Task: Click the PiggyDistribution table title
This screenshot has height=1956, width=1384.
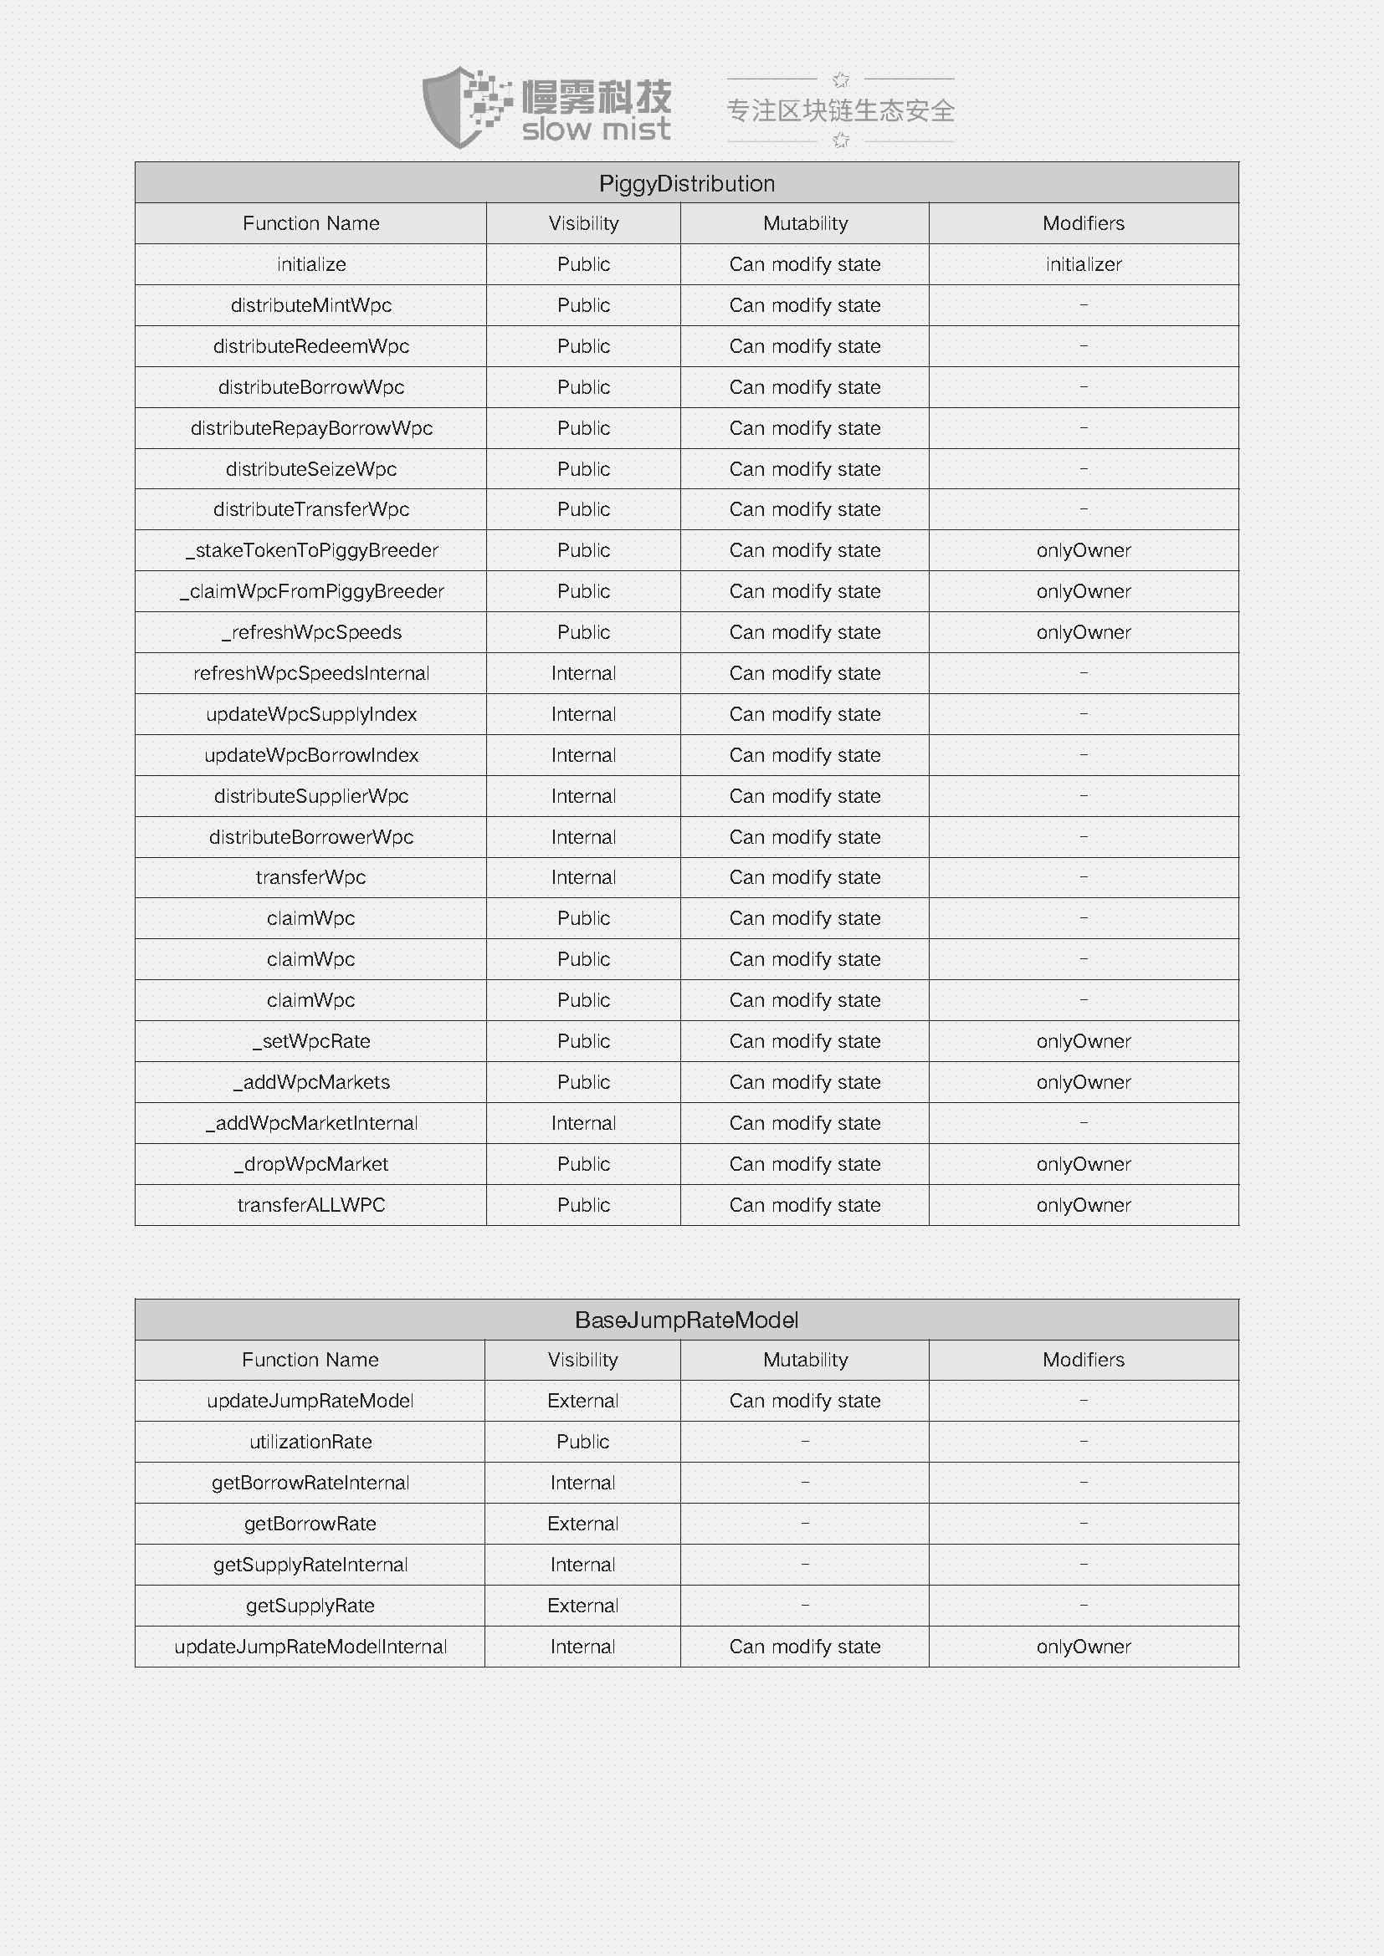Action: (x=686, y=183)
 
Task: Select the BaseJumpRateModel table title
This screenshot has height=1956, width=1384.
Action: (x=686, y=1320)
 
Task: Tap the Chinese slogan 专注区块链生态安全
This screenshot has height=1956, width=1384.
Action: (x=839, y=110)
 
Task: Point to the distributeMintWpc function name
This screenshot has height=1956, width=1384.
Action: (x=311, y=305)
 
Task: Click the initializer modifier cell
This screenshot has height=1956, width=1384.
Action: (x=1083, y=264)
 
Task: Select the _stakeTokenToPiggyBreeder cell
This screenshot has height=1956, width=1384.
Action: (x=311, y=550)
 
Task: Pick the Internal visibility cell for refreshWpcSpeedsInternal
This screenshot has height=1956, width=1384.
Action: (x=583, y=673)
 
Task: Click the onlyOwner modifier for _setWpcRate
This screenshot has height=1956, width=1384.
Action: (x=1083, y=1041)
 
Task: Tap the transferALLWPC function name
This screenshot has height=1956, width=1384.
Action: (x=311, y=1204)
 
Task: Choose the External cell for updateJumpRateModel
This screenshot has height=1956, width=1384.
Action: (x=583, y=1401)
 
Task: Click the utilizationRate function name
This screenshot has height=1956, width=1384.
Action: (x=310, y=1442)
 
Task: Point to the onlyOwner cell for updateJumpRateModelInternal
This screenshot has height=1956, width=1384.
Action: (x=1083, y=1647)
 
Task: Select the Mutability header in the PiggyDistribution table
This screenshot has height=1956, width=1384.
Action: (x=804, y=223)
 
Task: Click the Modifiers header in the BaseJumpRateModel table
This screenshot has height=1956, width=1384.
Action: (x=1083, y=1360)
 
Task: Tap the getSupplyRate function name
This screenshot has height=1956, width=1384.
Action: (x=310, y=1606)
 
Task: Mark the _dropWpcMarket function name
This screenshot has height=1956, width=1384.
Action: (x=311, y=1164)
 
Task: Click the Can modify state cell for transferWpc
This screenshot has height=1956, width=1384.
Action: (x=804, y=877)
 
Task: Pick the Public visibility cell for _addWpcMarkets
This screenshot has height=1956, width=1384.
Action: (x=583, y=1082)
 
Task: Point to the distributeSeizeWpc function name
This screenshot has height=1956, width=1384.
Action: (x=311, y=468)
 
